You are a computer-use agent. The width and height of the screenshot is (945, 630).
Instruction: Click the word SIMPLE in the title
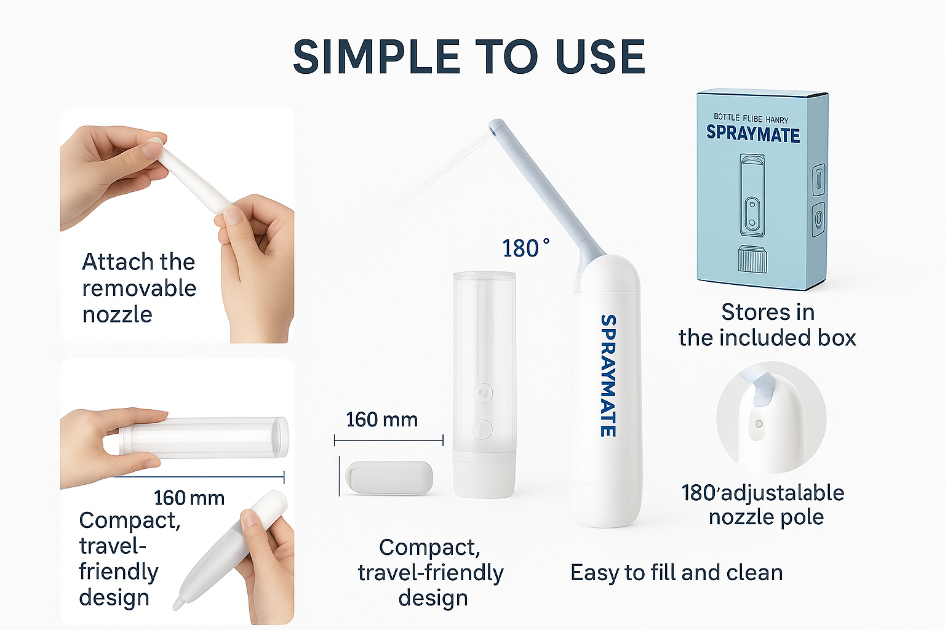[x=376, y=57]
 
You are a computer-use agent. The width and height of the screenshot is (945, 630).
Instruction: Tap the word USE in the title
[x=600, y=57]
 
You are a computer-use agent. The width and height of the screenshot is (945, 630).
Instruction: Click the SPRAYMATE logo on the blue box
[x=753, y=134]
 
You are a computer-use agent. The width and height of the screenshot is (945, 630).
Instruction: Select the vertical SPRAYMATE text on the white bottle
[x=608, y=375]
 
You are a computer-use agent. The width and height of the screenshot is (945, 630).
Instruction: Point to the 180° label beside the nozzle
[x=525, y=248]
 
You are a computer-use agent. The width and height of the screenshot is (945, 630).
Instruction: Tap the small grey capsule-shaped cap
[x=389, y=477]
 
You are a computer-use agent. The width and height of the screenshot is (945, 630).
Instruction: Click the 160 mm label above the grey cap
[x=382, y=420]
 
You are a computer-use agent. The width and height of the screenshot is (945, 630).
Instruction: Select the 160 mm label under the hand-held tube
[x=189, y=498]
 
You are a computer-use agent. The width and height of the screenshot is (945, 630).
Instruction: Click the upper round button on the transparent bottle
[x=483, y=393]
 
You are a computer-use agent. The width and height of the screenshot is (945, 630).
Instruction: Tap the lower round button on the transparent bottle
[x=483, y=429]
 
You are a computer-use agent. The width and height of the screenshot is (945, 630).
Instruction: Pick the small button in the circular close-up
[x=758, y=424]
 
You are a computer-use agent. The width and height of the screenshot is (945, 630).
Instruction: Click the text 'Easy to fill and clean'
[x=677, y=573]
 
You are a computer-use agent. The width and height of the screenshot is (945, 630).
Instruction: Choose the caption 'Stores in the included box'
[x=767, y=325]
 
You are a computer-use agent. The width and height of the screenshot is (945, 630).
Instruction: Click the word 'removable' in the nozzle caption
[x=139, y=289]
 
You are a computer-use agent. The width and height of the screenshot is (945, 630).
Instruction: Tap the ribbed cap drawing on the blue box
[x=752, y=258]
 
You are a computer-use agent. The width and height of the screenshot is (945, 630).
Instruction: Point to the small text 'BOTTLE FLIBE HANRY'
[x=751, y=118]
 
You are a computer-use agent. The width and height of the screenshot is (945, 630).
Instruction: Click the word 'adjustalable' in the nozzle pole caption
[x=783, y=493]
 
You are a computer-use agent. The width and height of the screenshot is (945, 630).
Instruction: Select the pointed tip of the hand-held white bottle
[x=177, y=605]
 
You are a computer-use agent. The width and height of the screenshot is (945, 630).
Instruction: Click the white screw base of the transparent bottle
[x=484, y=474]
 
